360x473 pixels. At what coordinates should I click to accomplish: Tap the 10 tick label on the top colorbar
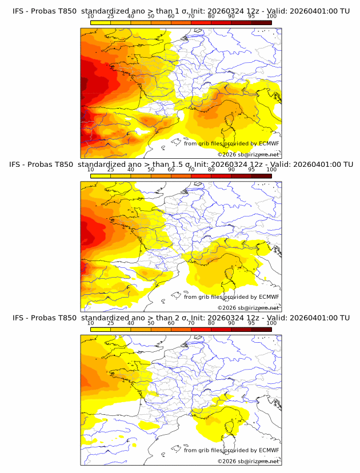(x=91, y=16)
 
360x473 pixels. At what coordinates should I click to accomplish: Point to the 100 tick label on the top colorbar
(x=271, y=16)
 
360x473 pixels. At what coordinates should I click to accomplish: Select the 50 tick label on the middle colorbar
(x=151, y=169)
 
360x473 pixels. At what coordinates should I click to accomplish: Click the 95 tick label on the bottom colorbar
(x=251, y=323)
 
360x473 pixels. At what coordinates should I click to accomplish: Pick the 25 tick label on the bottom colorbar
(x=111, y=323)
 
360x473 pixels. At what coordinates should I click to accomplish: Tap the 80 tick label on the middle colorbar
(x=211, y=169)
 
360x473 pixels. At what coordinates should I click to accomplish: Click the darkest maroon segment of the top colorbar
(x=261, y=22)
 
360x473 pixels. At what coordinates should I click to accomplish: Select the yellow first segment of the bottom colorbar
(x=101, y=329)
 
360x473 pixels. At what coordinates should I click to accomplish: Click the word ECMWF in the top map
(x=269, y=143)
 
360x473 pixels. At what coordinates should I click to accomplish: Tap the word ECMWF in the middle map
(x=269, y=296)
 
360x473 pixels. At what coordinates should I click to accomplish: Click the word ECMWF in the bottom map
(x=269, y=450)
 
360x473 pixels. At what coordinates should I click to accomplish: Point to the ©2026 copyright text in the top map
(x=227, y=154)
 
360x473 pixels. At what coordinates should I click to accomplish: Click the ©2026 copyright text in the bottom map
(x=227, y=461)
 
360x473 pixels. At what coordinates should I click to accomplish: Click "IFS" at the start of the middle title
(x=18, y=164)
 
